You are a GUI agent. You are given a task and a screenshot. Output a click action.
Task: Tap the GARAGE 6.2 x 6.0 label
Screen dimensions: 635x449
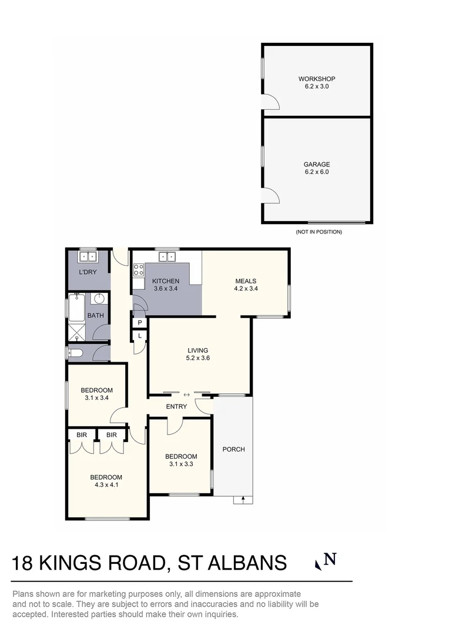(317, 168)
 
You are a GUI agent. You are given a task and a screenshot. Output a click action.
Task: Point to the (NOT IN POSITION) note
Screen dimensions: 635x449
(319, 232)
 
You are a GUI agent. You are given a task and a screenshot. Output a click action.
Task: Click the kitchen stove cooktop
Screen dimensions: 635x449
(139, 270)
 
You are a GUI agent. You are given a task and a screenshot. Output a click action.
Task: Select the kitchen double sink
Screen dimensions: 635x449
(167, 256)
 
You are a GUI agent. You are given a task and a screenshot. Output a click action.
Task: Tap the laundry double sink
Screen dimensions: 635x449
(88, 257)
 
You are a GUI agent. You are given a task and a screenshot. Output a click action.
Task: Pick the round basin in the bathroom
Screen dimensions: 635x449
(99, 299)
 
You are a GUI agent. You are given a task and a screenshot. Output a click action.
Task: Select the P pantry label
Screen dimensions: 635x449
(140, 323)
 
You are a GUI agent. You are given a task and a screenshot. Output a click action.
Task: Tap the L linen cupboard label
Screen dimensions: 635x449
(140, 336)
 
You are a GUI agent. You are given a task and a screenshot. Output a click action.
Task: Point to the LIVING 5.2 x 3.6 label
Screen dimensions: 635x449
(197, 354)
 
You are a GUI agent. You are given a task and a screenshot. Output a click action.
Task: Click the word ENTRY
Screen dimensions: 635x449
(176, 406)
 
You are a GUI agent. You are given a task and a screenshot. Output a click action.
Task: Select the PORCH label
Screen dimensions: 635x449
(233, 449)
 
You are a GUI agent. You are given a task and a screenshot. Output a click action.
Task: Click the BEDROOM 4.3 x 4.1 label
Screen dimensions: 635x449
(106, 481)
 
